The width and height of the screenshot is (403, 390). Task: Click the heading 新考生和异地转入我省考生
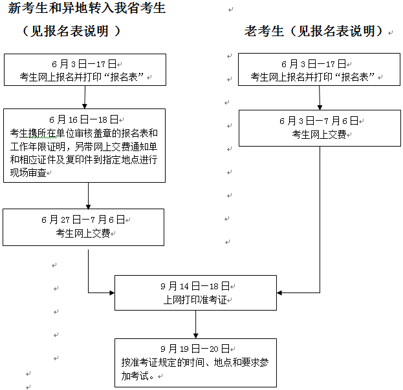[87, 9]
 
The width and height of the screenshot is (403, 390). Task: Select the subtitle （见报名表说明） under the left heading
[72, 32]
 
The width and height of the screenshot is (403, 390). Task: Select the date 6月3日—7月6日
[318, 121]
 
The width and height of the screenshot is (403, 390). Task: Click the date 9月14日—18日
[194, 285]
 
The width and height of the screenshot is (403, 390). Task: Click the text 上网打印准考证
[194, 300]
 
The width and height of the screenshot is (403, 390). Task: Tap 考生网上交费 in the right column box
[318, 135]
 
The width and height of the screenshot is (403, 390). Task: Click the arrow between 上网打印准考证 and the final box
[195, 324]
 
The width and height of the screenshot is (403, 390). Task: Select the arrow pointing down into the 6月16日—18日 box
[85, 97]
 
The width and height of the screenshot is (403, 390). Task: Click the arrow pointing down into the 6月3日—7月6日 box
[319, 97]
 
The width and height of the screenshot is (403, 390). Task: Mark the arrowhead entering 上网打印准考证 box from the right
[280, 292]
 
